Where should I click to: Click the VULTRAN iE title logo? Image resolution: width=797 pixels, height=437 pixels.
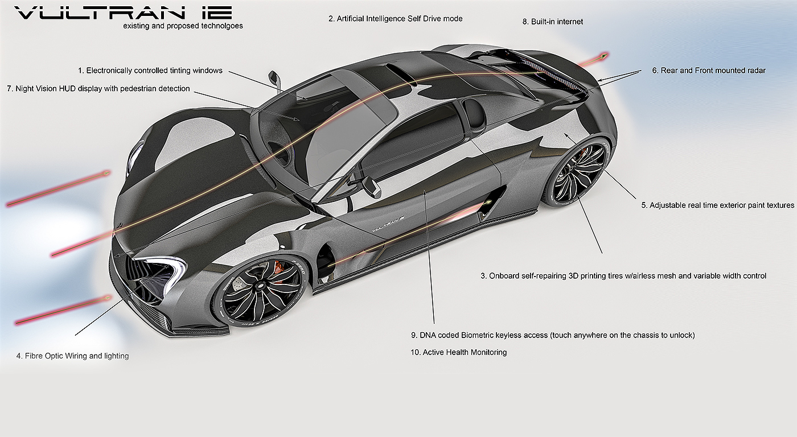[x=123, y=13]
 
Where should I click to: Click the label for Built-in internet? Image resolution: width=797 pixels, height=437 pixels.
[x=552, y=22]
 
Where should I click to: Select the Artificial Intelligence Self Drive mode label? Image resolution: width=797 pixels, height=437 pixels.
[x=396, y=19]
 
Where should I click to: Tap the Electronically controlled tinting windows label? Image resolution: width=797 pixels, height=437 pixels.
[x=150, y=71]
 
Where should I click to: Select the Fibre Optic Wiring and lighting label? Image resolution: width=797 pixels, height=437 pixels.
[x=73, y=356]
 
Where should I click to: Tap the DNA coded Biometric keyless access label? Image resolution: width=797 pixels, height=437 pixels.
[x=552, y=335]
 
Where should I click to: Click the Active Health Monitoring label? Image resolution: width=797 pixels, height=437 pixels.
[x=458, y=352]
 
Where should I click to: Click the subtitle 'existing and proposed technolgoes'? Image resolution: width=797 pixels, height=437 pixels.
[x=183, y=26]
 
